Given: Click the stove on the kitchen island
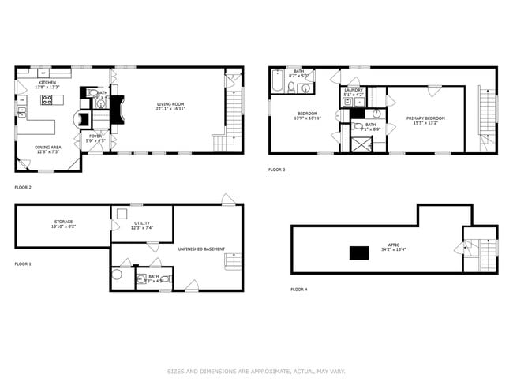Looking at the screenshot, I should (x=47, y=99).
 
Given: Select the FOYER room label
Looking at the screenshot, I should (x=95, y=138).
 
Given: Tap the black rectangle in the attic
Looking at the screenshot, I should (x=361, y=252).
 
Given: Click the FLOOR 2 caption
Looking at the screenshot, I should (x=23, y=187).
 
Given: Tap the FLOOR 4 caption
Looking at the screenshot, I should (x=299, y=290).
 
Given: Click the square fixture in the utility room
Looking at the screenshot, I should (x=122, y=215).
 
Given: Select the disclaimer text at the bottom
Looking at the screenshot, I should (x=256, y=371).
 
